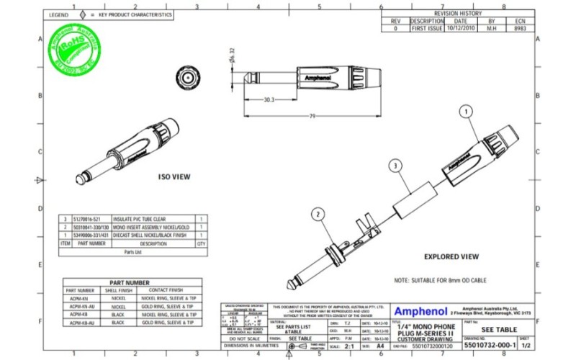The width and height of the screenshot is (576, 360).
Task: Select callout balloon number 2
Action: click(x=317, y=214)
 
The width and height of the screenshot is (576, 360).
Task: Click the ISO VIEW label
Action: click(x=174, y=176)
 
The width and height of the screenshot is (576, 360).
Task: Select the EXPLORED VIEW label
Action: click(x=451, y=256)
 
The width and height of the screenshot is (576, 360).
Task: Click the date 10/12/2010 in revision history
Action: click(x=462, y=29)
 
